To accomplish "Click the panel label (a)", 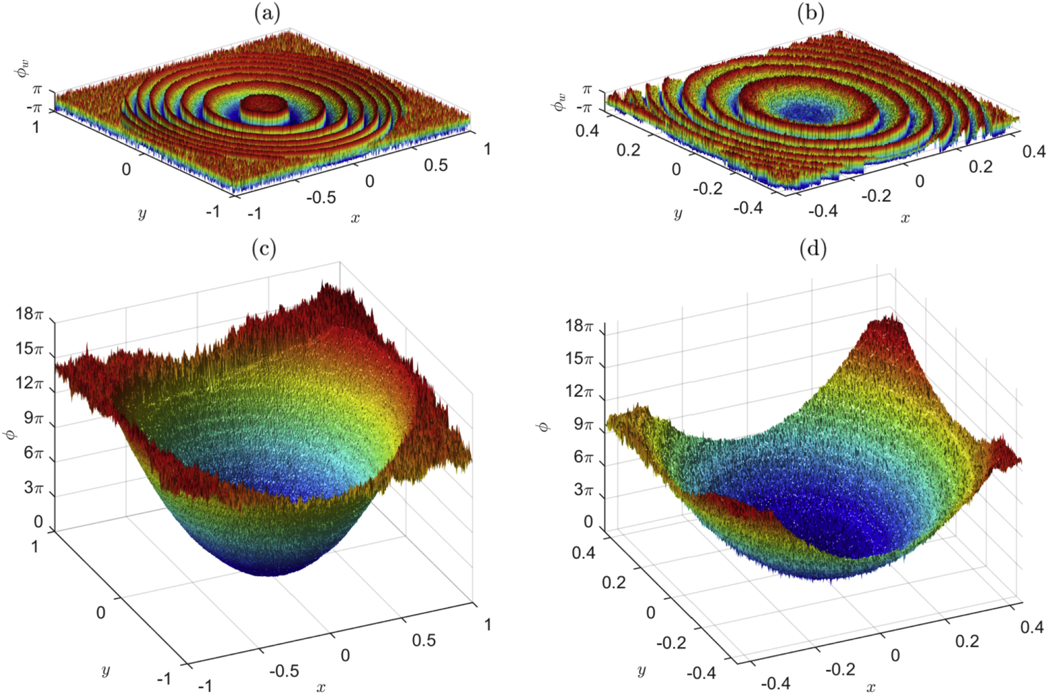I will click(x=267, y=13).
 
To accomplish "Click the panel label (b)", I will click(x=811, y=13).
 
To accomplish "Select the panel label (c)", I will click(x=264, y=248).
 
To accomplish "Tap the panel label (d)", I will click(x=812, y=248).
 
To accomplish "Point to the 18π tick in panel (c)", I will click(x=30, y=314).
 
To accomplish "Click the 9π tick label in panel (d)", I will click(x=580, y=425).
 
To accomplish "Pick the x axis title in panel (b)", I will click(x=905, y=218).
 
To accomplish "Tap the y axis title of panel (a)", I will click(x=142, y=214).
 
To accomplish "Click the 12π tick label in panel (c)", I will click(x=30, y=383).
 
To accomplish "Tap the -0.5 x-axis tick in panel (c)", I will click(x=283, y=671).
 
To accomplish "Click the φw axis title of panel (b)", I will click(x=560, y=102).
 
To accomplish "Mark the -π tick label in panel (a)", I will click(x=34, y=108).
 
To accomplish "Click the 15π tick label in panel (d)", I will click(x=579, y=358).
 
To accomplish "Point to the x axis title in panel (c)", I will click(x=321, y=686).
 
